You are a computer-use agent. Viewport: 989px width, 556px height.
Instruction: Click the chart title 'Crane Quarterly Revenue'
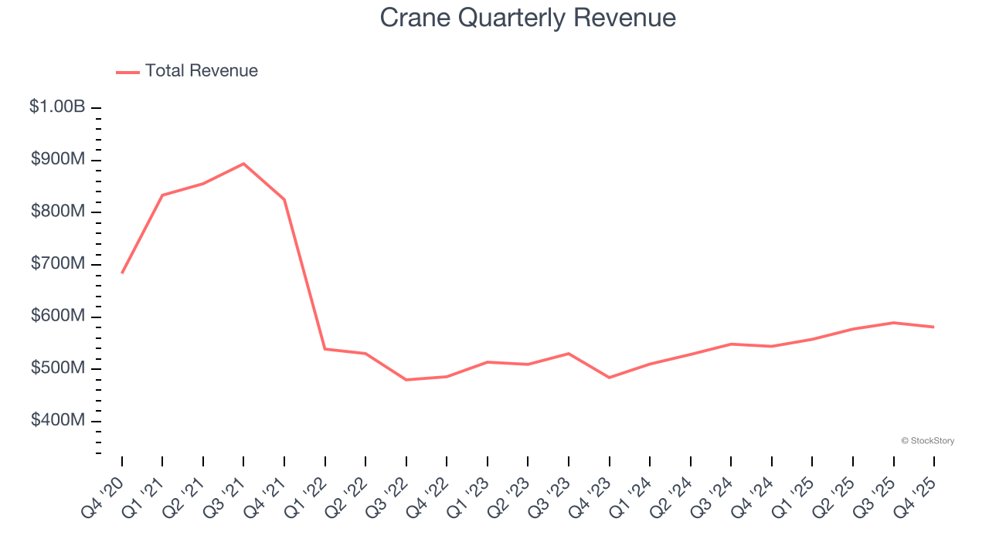(x=528, y=18)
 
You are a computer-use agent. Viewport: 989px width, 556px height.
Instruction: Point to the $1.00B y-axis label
(x=57, y=107)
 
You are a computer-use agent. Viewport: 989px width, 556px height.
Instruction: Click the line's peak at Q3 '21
(x=243, y=164)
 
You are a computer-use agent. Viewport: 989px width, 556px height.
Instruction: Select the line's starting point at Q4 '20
(x=122, y=273)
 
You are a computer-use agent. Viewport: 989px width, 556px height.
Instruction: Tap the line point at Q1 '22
(x=325, y=349)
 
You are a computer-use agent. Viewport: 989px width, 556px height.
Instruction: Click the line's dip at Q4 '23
(x=609, y=378)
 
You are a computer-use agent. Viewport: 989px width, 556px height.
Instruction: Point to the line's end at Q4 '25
(x=933, y=327)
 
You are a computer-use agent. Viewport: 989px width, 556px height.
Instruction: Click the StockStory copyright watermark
(x=927, y=441)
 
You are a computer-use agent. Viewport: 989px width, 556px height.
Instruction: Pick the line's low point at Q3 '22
(x=406, y=380)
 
